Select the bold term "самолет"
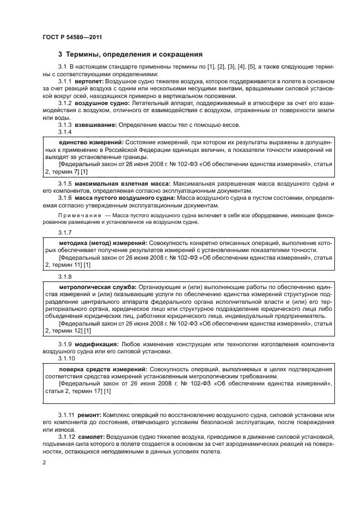point(90,437)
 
